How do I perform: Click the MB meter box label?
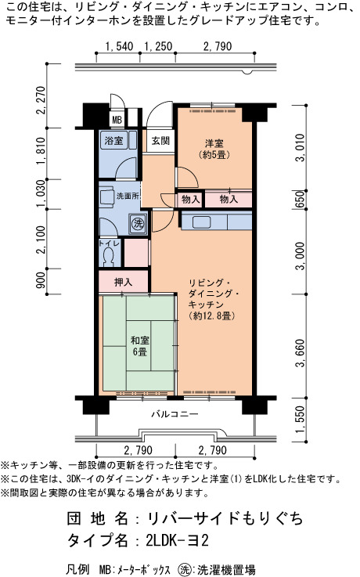pos(117,120)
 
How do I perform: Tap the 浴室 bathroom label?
pos(113,140)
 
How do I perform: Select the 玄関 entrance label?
pos(160,141)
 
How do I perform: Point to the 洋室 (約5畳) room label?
pos(214,149)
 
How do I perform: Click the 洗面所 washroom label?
pos(128,196)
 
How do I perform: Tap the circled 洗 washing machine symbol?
pos(138,223)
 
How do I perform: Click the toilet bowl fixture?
pos(109,257)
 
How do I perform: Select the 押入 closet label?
pos(123,283)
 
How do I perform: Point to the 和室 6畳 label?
pos(140,346)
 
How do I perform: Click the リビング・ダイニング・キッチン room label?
pos(212,299)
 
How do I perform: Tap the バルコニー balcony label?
pos(175,414)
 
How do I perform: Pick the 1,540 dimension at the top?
pos(119,46)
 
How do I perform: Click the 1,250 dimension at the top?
pos(158,46)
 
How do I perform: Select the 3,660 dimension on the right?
pos(301,353)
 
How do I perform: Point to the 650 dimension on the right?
pos(301,200)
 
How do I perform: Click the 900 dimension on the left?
pos(41,280)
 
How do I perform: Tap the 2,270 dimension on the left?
pos(41,100)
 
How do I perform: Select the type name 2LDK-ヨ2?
pos(177,541)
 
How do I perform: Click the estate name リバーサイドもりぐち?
pos(225,518)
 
